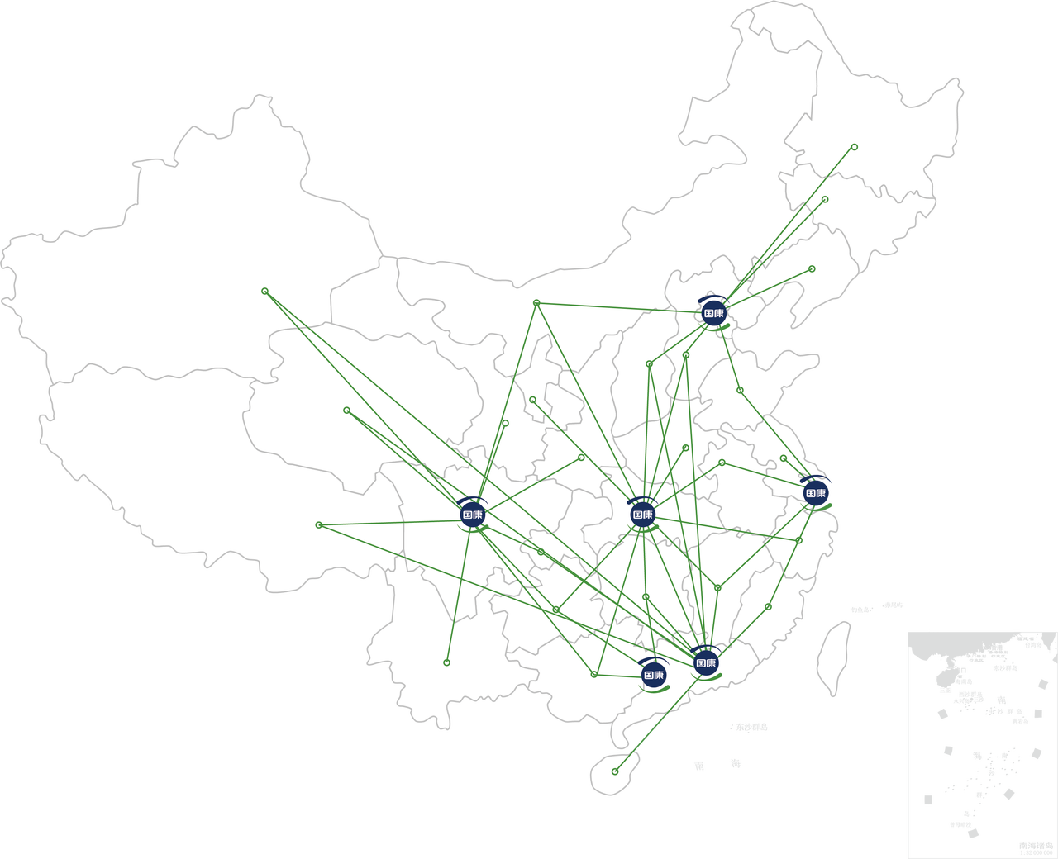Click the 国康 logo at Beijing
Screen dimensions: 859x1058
pyautogui.click(x=713, y=313)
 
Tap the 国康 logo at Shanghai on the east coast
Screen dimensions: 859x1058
pyautogui.click(x=816, y=493)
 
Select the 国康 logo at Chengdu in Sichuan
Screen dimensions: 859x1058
pyautogui.click(x=472, y=514)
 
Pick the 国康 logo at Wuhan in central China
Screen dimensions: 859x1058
pyautogui.click(x=642, y=514)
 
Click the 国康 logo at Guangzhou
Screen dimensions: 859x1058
pyautogui.click(x=705, y=662)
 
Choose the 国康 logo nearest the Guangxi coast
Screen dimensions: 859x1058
pyautogui.click(x=653, y=675)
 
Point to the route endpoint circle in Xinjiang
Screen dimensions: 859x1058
pyautogui.click(x=264, y=291)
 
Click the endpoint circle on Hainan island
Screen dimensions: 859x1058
pyautogui.click(x=615, y=771)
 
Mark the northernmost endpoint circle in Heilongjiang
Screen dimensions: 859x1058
pyautogui.click(x=854, y=147)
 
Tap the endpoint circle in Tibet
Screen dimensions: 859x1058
pyautogui.click(x=318, y=524)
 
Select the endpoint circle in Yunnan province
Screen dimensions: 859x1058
pyautogui.click(x=446, y=662)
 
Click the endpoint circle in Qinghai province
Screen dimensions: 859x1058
pyautogui.click(x=346, y=410)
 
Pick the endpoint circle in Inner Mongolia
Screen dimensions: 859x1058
pyautogui.click(x=536, y=303)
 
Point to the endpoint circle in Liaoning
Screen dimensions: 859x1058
pyautogui.click(x=812, y=268)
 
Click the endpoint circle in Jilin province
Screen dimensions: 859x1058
pyautogui.click(x=825, y=199)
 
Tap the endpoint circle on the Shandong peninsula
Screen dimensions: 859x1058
pyautogui.click(x=740, y=390)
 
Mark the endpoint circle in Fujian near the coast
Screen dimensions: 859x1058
pyautogui.click(x=768, y=606)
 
